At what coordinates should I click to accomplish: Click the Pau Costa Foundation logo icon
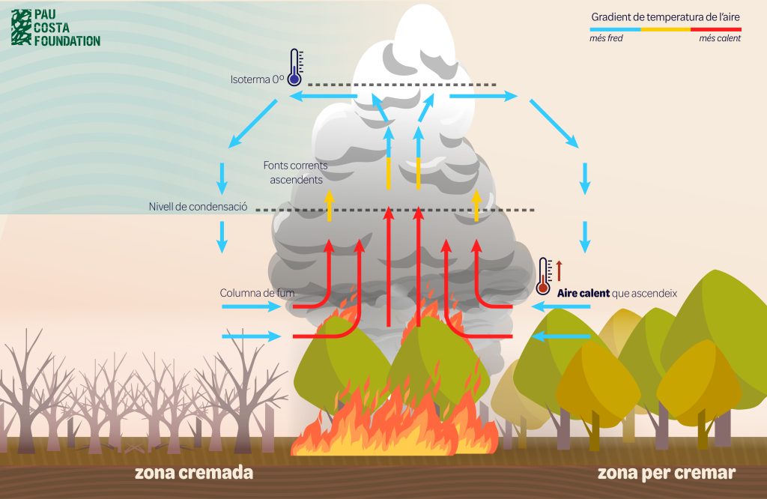click(21, 27)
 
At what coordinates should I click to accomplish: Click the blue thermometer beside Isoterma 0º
click(294, 67)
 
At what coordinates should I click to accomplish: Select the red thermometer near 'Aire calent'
click(544, 276)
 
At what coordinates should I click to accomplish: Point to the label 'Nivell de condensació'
click(198, 207)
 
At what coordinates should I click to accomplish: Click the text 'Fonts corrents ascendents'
click(294, 172)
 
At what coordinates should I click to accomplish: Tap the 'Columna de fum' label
click(249, 292)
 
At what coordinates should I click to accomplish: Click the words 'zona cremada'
click(194, 473)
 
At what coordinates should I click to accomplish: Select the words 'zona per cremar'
click(667, 473)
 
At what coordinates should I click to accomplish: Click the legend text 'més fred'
click(606, 39)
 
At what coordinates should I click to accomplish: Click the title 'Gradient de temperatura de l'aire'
click(665, 16)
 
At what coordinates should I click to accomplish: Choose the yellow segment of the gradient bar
click(665, 28)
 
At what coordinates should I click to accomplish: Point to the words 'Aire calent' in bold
click(583, 293)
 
